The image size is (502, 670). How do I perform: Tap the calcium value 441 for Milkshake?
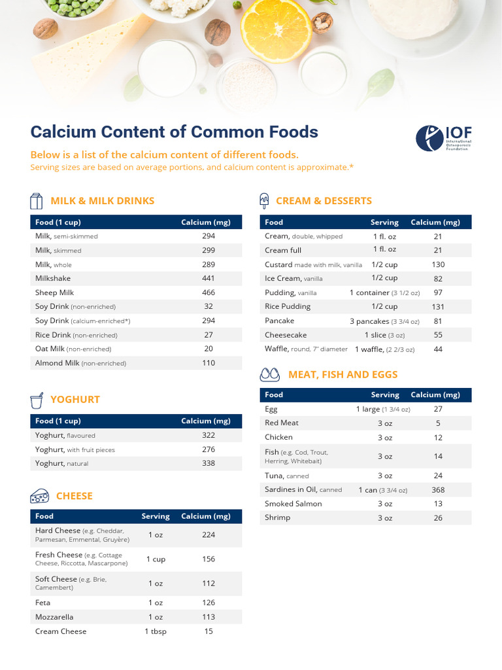coord(209,278)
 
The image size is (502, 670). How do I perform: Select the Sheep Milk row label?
coord(55,292)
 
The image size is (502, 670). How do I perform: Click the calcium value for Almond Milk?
coord(209,362)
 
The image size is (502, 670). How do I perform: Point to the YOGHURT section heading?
coord(75,399)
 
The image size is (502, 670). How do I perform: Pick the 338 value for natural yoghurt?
coord(209,463)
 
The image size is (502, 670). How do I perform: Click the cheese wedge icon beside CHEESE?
coord(40,496)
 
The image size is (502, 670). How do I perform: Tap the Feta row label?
coord(43,603)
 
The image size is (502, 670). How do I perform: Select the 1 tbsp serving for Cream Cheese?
coord(155,631)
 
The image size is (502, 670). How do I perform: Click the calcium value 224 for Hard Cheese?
coord(209,535)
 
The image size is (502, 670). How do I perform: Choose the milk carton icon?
coord(37,201)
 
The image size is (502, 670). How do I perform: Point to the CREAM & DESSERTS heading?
coord(324,201)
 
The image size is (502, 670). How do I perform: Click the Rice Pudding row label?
coord(288,306)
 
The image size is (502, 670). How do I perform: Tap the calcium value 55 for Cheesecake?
coord(438,335)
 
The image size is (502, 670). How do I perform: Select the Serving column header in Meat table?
coord(385,395)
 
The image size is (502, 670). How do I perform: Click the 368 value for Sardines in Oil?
coord(438,489)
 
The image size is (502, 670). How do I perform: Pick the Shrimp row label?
coord(277,518)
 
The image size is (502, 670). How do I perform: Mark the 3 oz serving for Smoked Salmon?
coord(385,504)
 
